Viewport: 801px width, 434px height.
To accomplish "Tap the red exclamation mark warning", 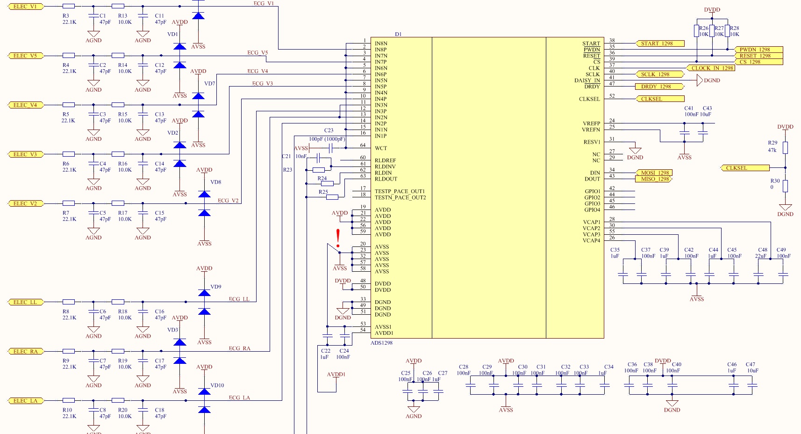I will tap(338, 238).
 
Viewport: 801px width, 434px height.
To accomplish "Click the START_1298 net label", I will tap(659, 43).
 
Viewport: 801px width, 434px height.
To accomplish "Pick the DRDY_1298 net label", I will tap(658, 87).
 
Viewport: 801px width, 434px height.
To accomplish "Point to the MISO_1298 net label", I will tap(655, 179).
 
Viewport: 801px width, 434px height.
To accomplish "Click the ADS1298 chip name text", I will tap(381, 343).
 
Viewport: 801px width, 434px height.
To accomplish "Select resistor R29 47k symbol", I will tap(785, 148).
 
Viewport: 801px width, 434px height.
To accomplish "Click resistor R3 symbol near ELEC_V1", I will tap(69, 7).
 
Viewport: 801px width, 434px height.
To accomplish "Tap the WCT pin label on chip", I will tap(381, 148).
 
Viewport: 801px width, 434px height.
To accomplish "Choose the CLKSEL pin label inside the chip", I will tap(589, 99).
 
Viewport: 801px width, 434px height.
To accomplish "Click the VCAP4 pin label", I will tap(591, 240).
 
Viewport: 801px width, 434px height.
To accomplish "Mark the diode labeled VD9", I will tap(204, 293).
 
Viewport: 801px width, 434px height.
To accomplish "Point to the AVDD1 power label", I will tap(336, 375).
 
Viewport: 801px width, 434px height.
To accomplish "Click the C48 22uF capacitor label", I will tap(762, 253).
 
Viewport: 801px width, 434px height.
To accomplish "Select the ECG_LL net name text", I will tap(239, 299).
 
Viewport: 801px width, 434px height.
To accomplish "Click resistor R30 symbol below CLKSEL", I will tap(785, 186).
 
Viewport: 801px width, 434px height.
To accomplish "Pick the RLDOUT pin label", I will tap(386, 179).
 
